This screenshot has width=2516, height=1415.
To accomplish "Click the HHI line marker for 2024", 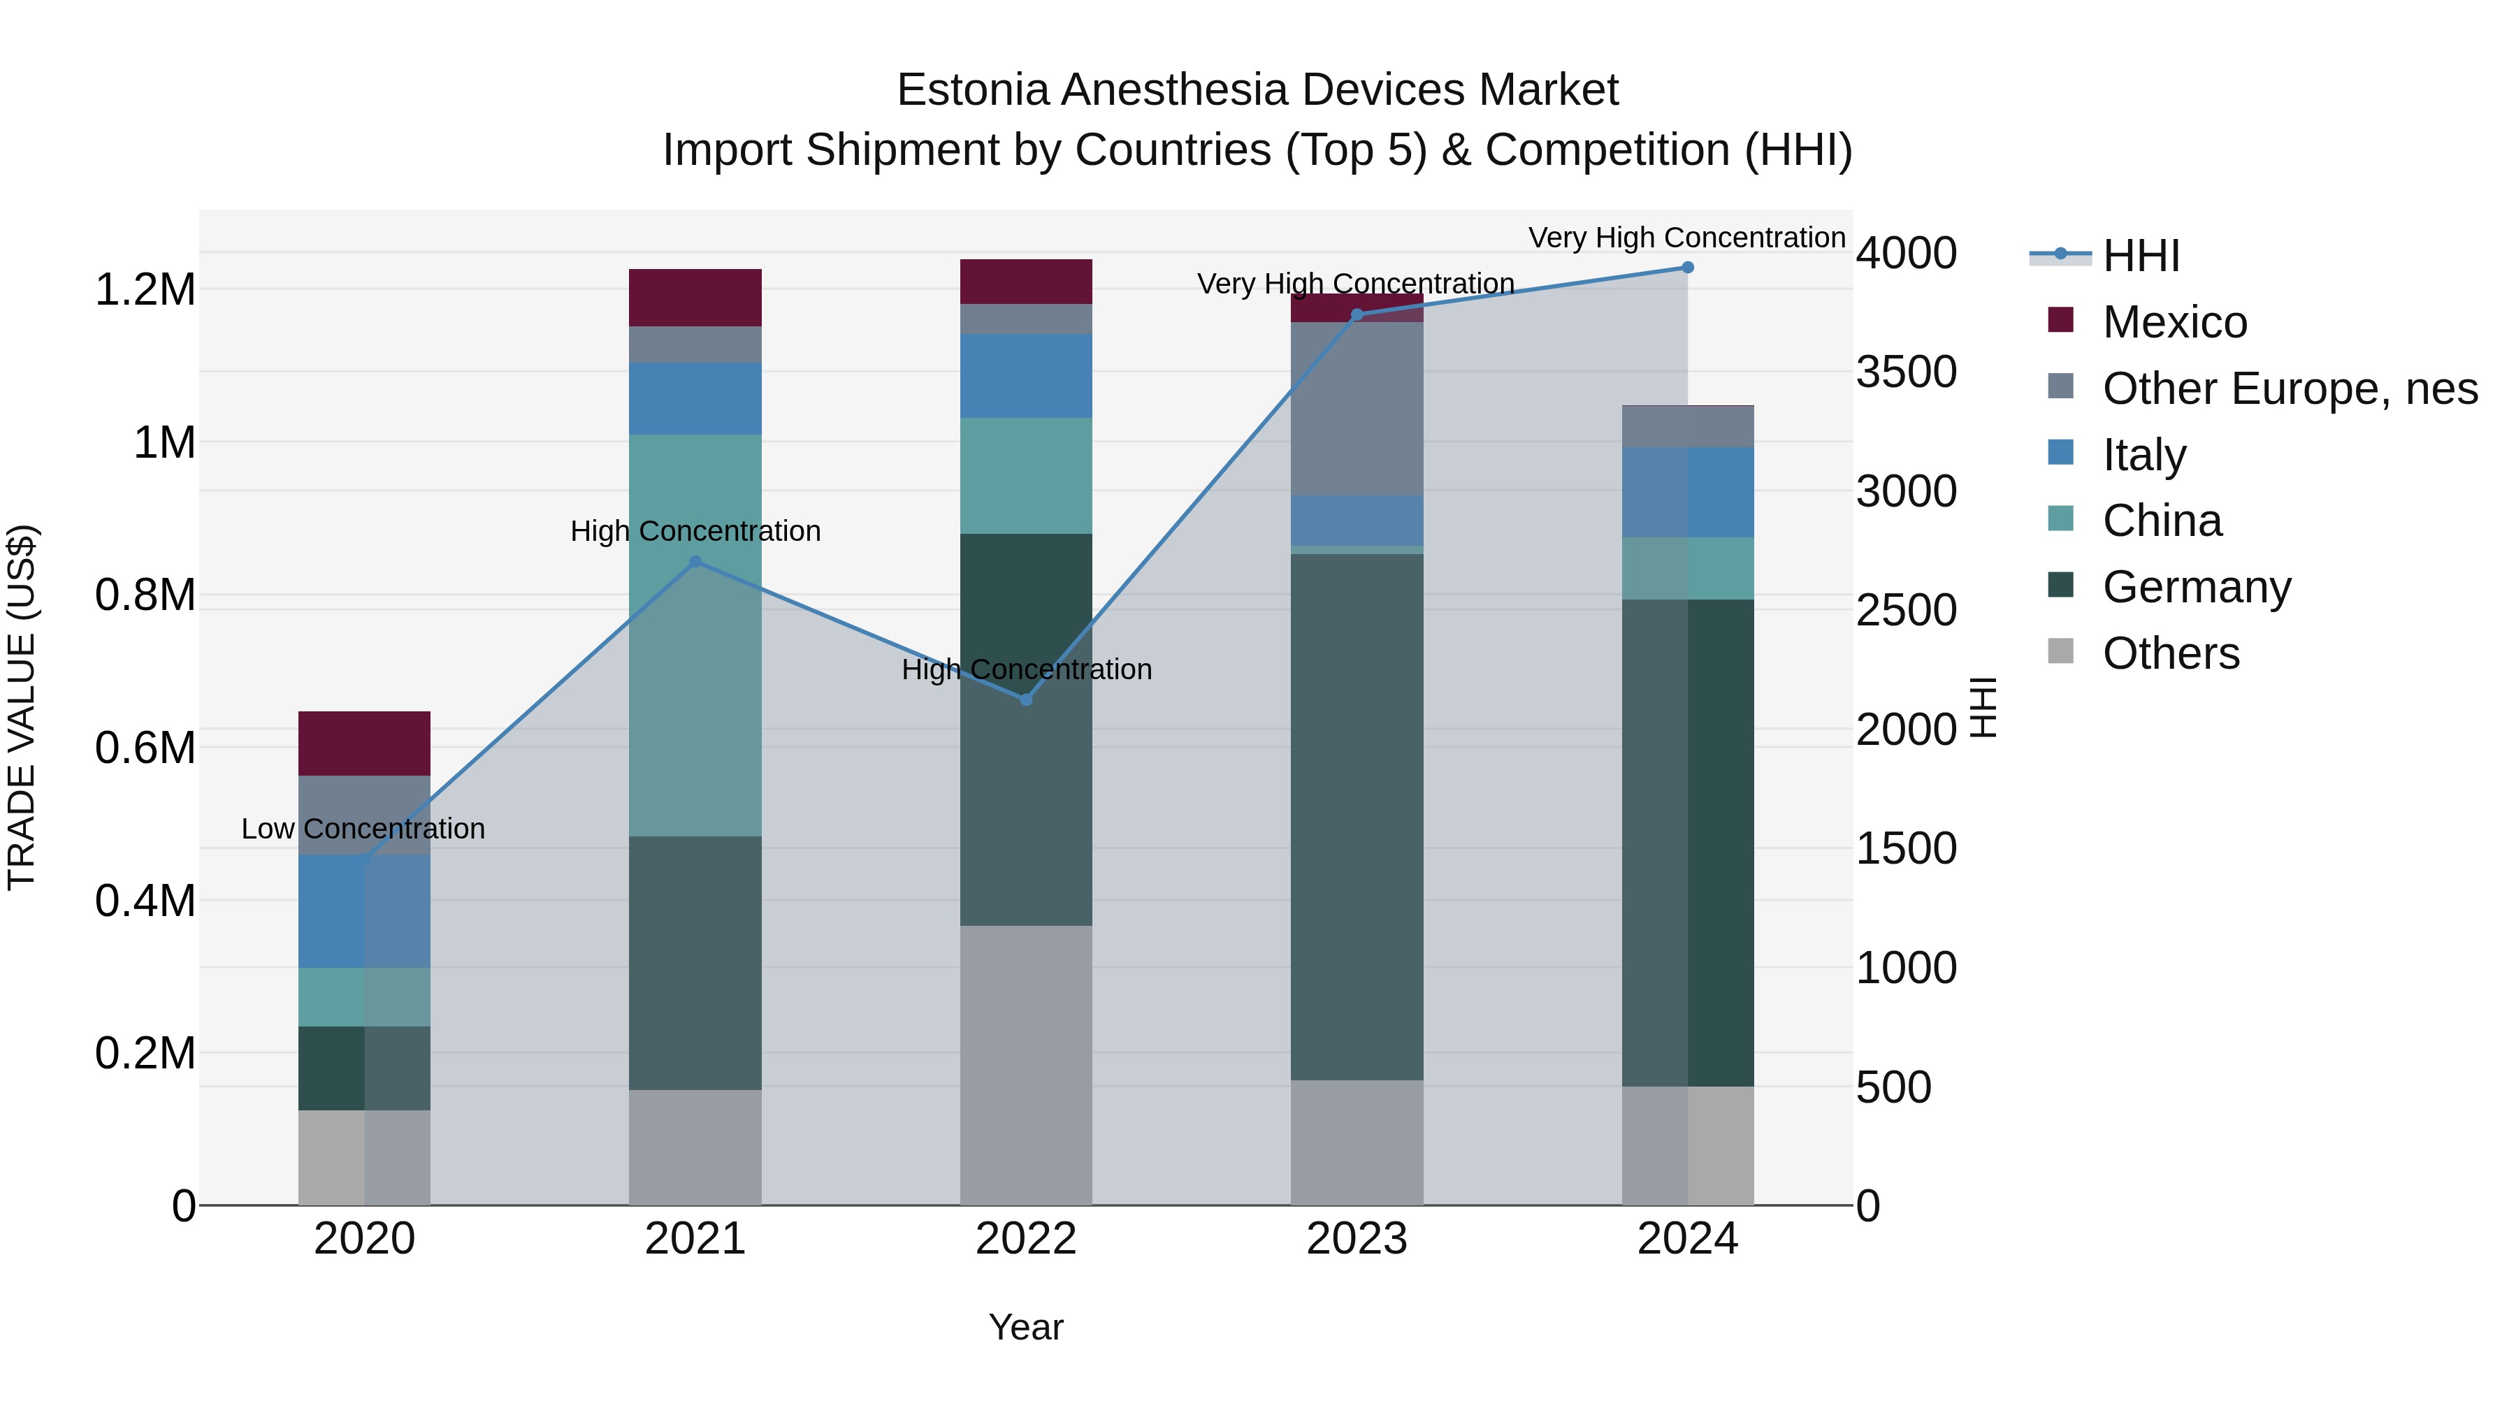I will click(1687, 268).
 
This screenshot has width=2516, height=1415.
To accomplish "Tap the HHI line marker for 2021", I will click(695, 562).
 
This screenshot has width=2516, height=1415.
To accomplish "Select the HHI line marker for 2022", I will click(1025, 699).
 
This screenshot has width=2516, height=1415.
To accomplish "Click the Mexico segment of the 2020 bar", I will click(364, 743).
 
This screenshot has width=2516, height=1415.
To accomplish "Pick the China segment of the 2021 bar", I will click(695, 634).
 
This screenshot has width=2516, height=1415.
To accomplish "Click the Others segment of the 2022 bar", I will click(1025, 1064).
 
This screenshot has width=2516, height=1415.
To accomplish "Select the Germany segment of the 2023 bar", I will click(1357, 816).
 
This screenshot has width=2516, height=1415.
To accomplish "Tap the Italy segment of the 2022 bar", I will click(1025, 376).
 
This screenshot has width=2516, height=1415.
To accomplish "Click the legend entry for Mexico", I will click(2174, 322).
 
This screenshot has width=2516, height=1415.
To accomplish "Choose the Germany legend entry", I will click(2196, 587).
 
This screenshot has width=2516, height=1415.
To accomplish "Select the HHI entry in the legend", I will click(2140, 256).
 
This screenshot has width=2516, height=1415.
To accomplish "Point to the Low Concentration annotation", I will click(363, 829).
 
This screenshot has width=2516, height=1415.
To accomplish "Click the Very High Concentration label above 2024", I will click(1687, 238).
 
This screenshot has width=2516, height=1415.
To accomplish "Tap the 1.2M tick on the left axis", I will click(145, 290).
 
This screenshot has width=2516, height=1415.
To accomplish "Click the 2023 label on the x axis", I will click(1357, 1239).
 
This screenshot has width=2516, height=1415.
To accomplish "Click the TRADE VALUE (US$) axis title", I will click(22, 708).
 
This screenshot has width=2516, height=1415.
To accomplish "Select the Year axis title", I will click(1025, 1327).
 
